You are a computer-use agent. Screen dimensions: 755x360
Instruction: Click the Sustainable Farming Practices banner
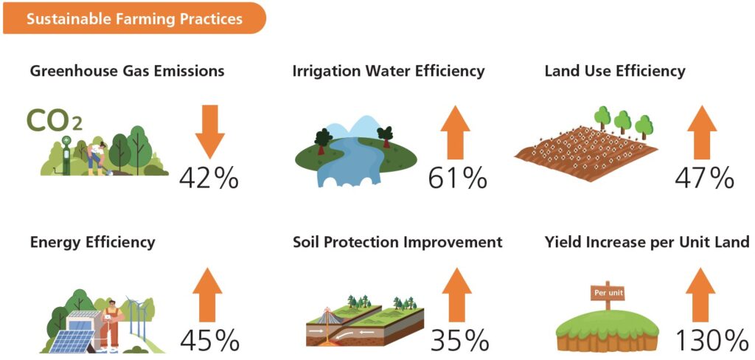pyautogui.click(x=134, y=18)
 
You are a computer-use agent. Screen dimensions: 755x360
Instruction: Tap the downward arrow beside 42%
pyautogui.click(x=210, y=132)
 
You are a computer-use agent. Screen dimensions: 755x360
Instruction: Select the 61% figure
pyautogui.click(x=457, y=179)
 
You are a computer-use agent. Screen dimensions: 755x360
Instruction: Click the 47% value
pyautogui.click(x=704, y=179)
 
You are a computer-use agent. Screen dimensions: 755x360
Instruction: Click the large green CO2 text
pyautogui.click(x=54, y=120)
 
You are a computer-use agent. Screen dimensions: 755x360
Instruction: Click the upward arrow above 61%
pyautogui.click(x=455, y=132)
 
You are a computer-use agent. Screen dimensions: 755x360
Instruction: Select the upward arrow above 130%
pyautogui.click(x=700, y=294)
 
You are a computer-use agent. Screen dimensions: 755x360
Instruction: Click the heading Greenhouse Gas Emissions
pyautogui.click(x=127, y=72)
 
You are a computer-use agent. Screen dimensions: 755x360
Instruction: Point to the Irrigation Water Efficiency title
pyautogui.click(x=389, y=72)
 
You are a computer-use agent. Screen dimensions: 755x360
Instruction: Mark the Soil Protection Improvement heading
pyautogui.click(x=397, y=242)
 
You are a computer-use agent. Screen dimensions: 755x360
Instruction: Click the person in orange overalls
pyautogui.click(x=111, y=323)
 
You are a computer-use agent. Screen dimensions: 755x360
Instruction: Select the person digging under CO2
pyautogui.click(x=97, y=157)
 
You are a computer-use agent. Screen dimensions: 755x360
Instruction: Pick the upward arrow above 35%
pyautogui.click(x=456, y=294)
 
